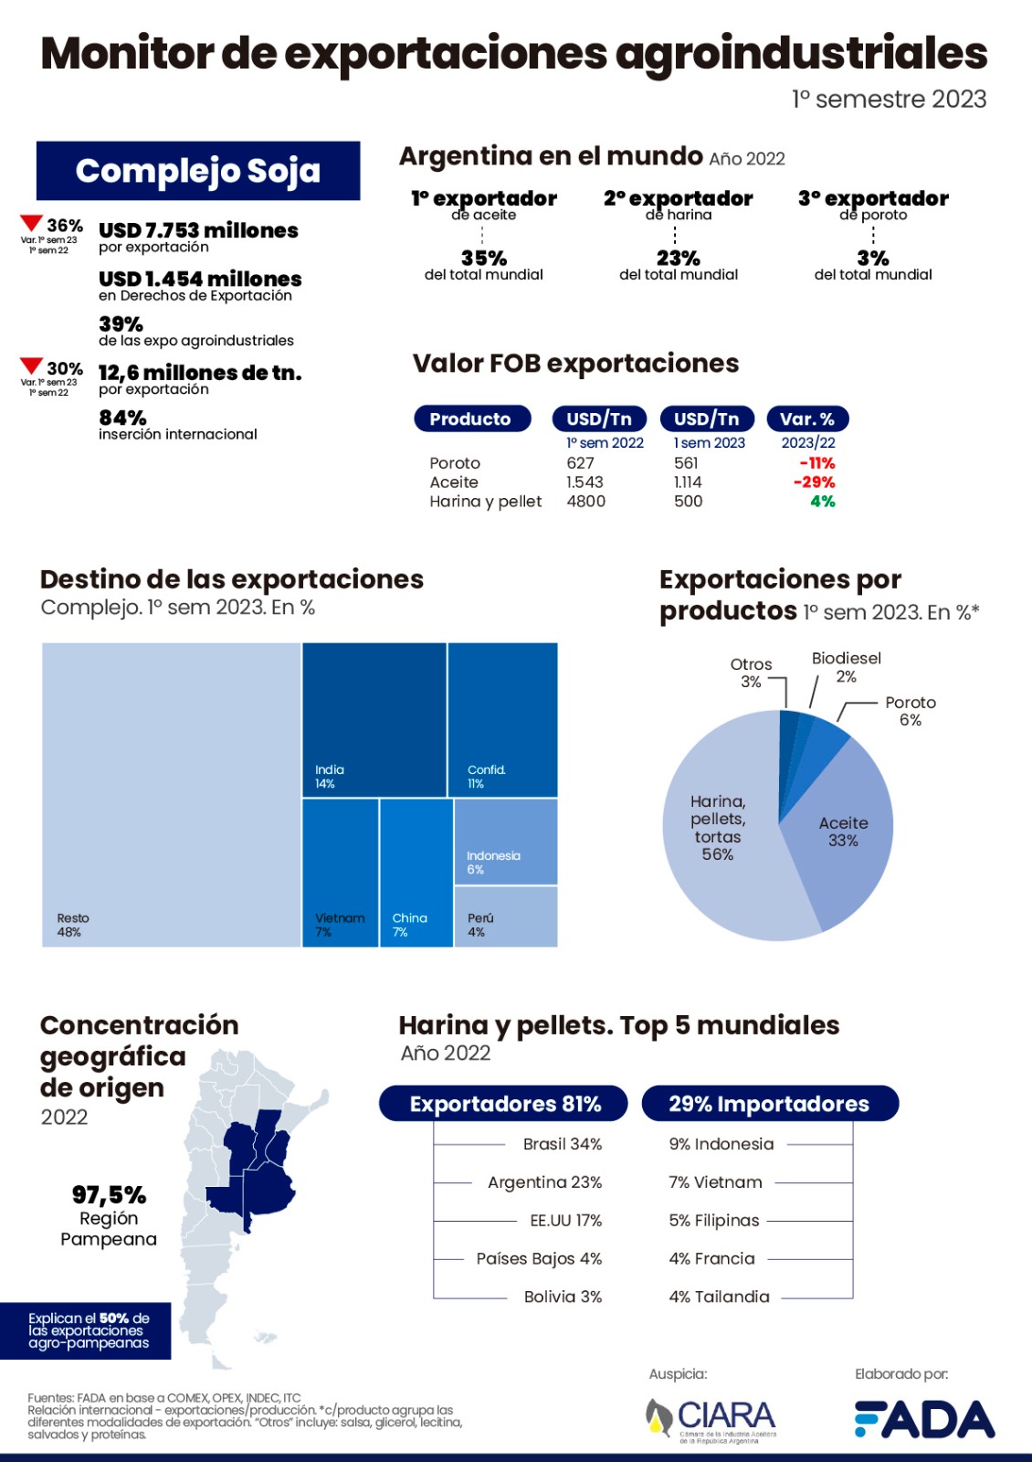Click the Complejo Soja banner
point(198,171)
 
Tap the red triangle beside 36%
point(31,223)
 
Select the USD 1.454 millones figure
point(200,279)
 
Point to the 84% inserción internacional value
point(122,418)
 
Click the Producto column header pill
point(471,418)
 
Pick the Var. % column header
point(807,418)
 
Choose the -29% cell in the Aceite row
point(814,482)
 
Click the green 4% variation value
point(822,501)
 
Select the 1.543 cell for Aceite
point(584,482)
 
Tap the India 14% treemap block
point(374,719)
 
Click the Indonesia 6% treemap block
point(505,842)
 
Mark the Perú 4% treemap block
point(505,916)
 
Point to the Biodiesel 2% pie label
point(846,667)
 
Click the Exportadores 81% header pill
point(504,1103)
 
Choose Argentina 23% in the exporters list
point(544,1182)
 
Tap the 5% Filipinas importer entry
point(714,1221)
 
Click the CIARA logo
point(713,1419)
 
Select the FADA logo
point(923,1419)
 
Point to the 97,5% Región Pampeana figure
point(109,1195)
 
